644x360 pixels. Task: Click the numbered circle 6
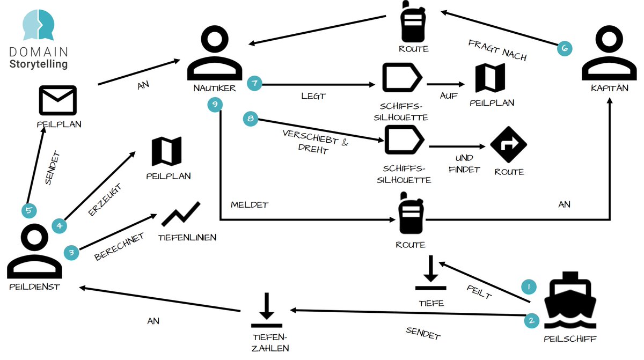click(x=564, y=48)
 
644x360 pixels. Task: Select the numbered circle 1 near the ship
click(x=529, y=288)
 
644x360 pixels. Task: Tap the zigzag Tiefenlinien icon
click(x=181, y=215)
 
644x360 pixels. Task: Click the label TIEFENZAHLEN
click(x=269, y=342)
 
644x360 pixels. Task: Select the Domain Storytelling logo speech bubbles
click(x=38, y=25)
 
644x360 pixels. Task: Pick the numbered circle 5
click(x=29, y=211)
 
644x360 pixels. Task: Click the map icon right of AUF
click(x=490, y=78)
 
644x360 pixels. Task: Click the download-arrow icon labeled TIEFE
click(x=431, y=274)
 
